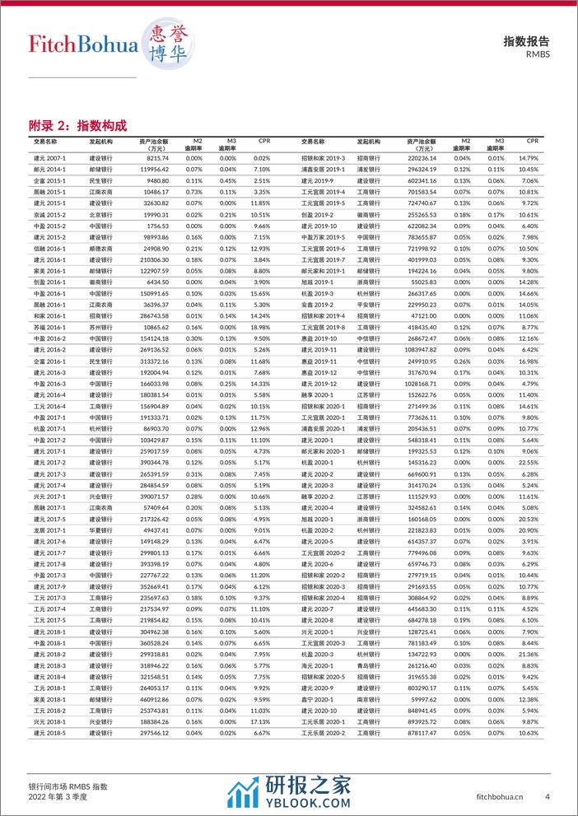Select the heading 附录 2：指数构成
(78, 125)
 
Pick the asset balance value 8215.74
(157, 158)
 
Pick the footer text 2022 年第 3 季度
(58, 797)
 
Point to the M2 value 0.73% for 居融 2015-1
(194, 192)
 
